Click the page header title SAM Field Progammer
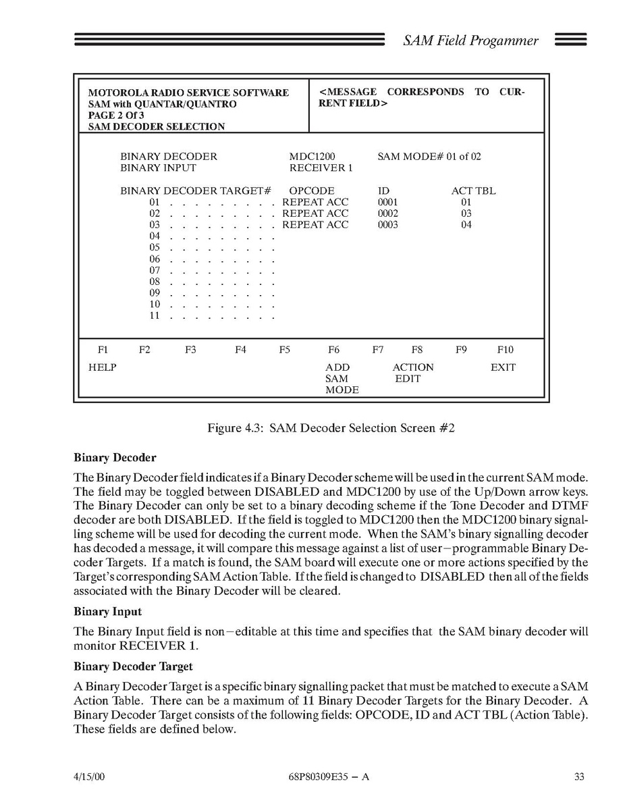coord(470,41)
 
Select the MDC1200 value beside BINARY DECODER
coord(312,157)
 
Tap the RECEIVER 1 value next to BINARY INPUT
coord(321,168)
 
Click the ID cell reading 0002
coord(388,213)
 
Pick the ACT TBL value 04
coord(466,225)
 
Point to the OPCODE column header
coord(312,191)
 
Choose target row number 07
coord(155,271)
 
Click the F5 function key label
coord(285,350)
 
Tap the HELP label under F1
coord(103,367)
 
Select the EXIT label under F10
coord(503,367)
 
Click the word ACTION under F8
coord(413,367)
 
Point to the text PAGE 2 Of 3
coord(116,115)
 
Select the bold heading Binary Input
coord(108,612)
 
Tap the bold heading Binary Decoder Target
coord(133,667)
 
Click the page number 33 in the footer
coord(579,777)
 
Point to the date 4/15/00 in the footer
coord(89,777)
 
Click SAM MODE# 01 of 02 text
coord(429,157)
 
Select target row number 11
coord(155,316)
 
